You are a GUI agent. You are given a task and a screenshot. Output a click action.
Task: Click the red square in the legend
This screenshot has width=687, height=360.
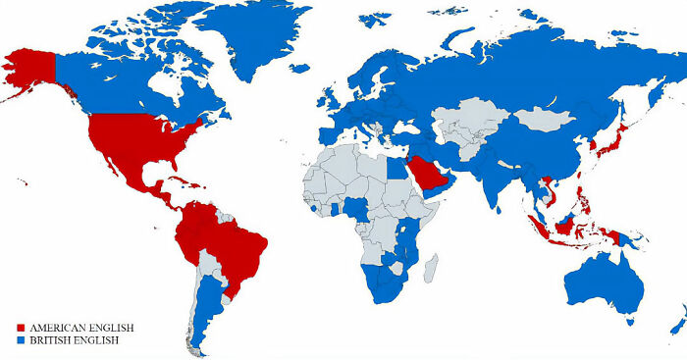[x=22, y=327]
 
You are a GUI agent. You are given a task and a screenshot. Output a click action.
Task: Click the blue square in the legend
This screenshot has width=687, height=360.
[x=22, y=339]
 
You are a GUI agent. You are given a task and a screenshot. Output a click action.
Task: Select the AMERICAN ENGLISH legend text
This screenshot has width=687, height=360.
[x=81, y=327]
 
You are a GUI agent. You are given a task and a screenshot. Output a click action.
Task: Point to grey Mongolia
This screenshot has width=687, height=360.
[x=545, y=121]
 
